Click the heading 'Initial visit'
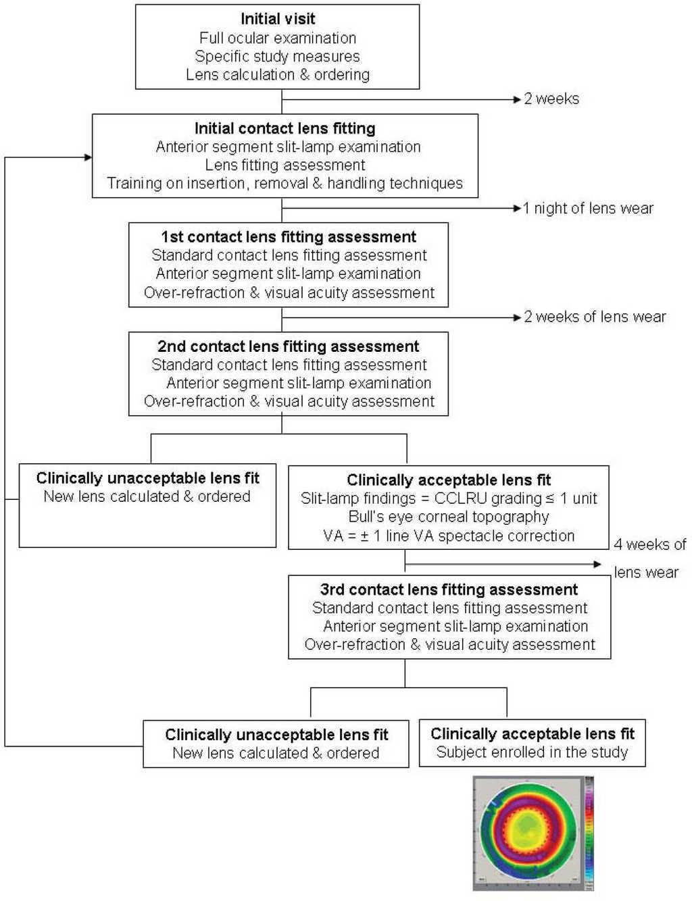[x=278, y=19]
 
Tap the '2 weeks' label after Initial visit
[x=551, y=99]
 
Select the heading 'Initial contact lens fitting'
[x=285, y=128]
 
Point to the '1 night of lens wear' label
[x=588, y=208]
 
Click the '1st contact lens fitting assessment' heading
[x=289, y=237]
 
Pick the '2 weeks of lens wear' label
[x=595, y=317]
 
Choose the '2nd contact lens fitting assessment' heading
[x=289, y=346]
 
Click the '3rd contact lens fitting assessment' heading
[x=449, y=590]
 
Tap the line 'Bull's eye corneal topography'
[x=449, y=517]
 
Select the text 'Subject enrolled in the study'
[x=533, y=752]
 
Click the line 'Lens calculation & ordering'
[x=278, y=74]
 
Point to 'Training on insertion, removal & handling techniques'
[x=285, y=183]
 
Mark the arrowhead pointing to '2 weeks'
[x=517, y=99]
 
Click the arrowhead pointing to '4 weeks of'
[x=597, y=564]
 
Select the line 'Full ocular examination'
[x=278, y=38]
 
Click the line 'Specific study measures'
[x=278, y=56]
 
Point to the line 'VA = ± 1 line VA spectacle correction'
[x=449, y=536]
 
